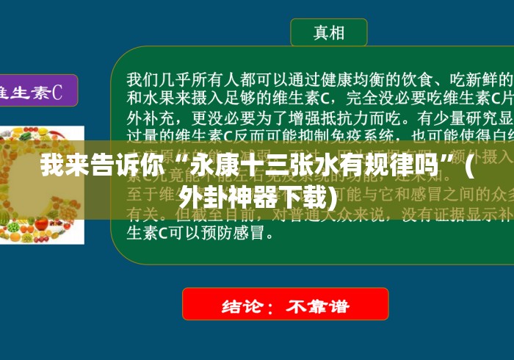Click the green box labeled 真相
328,32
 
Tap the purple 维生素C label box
33,91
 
